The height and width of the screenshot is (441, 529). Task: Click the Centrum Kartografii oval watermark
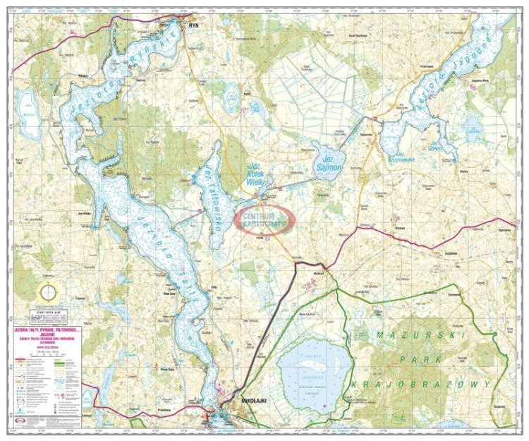pyautogui.click(x=264, y=219)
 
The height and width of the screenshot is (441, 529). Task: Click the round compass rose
pyautogui.click(x=48, y=292)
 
